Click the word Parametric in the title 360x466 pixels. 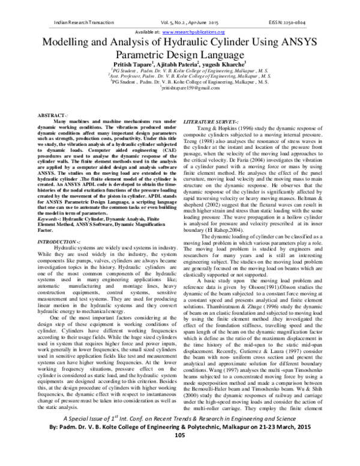click(123, 55)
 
